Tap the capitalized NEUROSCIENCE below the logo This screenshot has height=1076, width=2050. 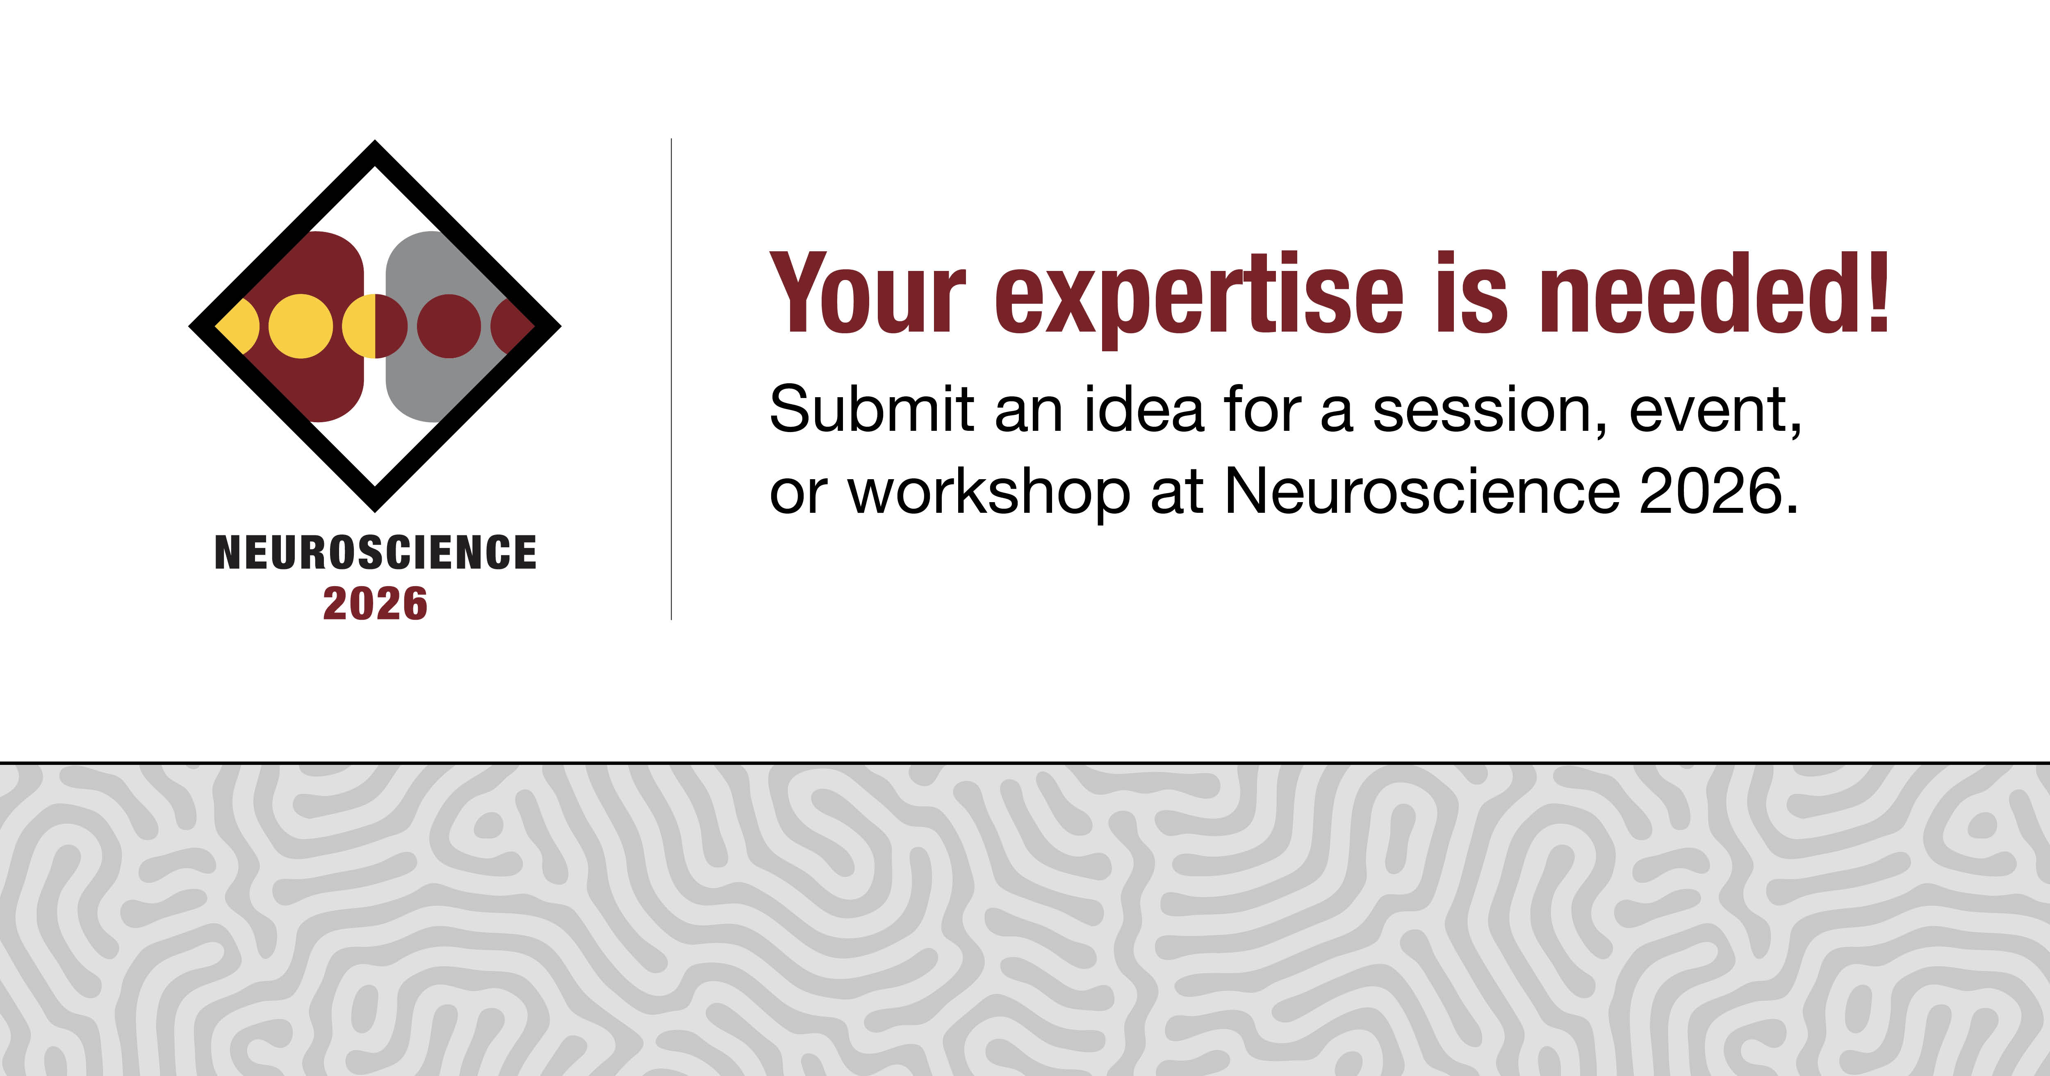[x=376, y=552]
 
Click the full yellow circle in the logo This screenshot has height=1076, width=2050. [x=301, y=326]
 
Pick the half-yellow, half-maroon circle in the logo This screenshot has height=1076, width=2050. [x=375, y=326]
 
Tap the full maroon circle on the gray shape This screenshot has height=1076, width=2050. [x=449, y=326]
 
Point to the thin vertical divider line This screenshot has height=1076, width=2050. [x=672, y=379]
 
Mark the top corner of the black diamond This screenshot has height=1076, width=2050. [x=375, y=141]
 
